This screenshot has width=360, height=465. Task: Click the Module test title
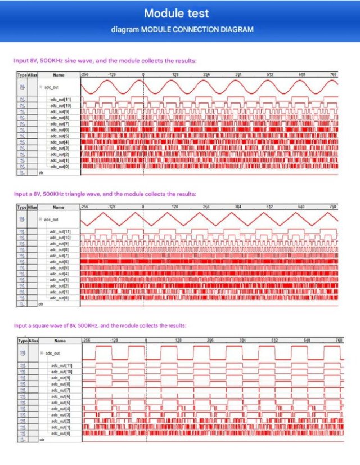click(x=180, y=13)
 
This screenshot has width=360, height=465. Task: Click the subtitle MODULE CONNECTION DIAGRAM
click(x=182, y=29)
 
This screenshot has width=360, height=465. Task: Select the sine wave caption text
click(x=105, y=60)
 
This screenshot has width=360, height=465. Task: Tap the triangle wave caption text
click(x=105, y=194)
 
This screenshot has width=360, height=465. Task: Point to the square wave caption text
click(x=100, y=325)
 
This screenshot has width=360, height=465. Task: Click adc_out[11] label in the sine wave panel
click(x=60, y=100)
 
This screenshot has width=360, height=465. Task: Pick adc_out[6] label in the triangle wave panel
click(x=60, y=262)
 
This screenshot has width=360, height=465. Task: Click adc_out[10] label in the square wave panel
click(x=61, y=372)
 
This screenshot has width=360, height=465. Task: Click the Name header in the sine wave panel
click(x=58, y=74)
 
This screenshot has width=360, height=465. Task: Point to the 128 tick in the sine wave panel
click(x=175, y=74)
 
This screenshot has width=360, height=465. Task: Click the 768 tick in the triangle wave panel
click(x=332, y=207)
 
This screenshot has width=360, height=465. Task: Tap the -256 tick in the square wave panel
click(x=87, y=341)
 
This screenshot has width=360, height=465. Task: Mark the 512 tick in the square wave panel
click(x=274, y=341)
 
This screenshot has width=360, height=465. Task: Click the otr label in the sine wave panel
click(x=41, y=172)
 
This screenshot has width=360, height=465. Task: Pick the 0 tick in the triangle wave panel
click(x=143, y=207)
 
